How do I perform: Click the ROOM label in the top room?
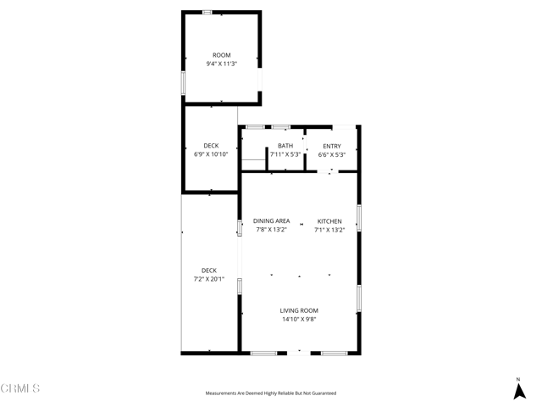coord(221,55)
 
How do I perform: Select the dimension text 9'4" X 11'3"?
coord(221,64)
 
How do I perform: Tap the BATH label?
coord(285,146)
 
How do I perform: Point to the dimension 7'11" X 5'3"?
coord(285,154)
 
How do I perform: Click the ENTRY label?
coord(331,146)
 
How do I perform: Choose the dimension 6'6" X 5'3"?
coord(331,154)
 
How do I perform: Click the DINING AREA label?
coord(271,220)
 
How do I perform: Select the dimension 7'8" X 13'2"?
coord(271,229)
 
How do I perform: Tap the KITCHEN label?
coord(329,220)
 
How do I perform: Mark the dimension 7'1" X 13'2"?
coord(329,229)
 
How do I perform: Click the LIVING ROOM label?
coord(299,310)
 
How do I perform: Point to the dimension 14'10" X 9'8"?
coord(299,320)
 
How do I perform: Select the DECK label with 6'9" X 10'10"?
coord(211,146)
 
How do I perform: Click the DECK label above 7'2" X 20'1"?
coord(208,270)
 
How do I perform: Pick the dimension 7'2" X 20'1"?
coord(208,278)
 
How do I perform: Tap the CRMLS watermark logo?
coord(20,388)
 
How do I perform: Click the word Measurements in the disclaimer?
coord(223,393)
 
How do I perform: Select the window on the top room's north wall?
coord(207,12)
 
